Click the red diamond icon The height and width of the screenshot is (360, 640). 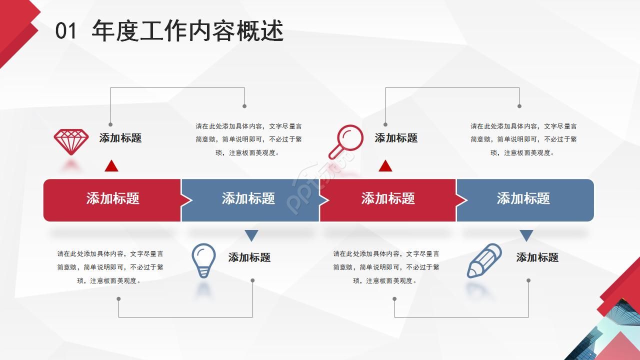(71, 141)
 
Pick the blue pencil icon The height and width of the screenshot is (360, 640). (484, 260)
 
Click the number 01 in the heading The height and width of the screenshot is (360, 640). (66, 31)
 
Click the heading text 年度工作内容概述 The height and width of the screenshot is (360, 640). (187, 31)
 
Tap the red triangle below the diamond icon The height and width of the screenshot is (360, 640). (111, 166)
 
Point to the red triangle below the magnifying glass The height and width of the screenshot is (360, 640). (385, 166)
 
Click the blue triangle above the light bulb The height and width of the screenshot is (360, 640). (251, 235)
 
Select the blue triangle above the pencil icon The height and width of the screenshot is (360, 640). (526, 235)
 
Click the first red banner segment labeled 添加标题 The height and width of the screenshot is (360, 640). (112, 198)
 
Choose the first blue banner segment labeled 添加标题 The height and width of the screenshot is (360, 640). (248, 198)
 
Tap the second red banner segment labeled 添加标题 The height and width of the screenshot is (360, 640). (388, 198)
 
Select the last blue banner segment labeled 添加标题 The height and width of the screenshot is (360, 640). (523, 198)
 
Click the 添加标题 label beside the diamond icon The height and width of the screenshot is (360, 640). (120, 138)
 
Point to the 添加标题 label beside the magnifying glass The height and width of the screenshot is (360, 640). (396, 138)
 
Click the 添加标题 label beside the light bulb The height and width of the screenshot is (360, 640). (249, 257)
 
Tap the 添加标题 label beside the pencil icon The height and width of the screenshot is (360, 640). (537, 257)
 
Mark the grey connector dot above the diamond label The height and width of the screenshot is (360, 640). (110, 124)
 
